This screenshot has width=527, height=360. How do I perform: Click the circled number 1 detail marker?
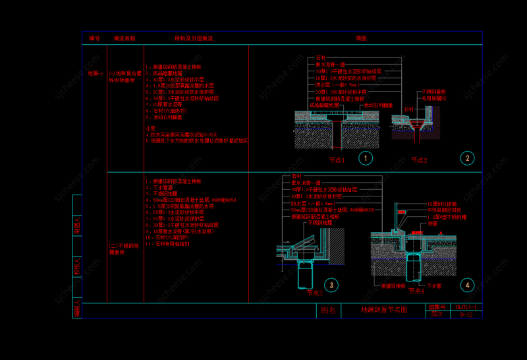coord(366,158)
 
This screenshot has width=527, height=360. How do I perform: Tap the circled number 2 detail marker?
coord(467,158)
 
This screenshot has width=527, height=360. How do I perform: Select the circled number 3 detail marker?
coord(331,285)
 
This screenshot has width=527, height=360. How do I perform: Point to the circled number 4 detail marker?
coord(467,285)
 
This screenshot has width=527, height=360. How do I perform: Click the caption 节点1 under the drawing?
coord(337,160)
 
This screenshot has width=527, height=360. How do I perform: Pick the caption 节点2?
coord(419,160)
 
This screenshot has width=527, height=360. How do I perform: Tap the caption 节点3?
coord(314,292)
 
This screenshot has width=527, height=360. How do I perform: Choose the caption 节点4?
coord(416,290)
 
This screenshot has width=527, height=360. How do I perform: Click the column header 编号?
coord(94,39)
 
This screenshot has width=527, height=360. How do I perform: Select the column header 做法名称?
coord(125,39)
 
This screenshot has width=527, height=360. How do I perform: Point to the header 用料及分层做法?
coord(194,39)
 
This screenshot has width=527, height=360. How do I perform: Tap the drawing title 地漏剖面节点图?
coord(384,309)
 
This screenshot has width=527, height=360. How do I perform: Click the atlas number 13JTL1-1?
coord(468,307)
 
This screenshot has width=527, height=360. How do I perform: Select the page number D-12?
coord(466,315)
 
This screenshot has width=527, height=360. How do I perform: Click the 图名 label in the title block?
coord(329,310)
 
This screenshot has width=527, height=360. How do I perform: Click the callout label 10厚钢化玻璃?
coord(442,204)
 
